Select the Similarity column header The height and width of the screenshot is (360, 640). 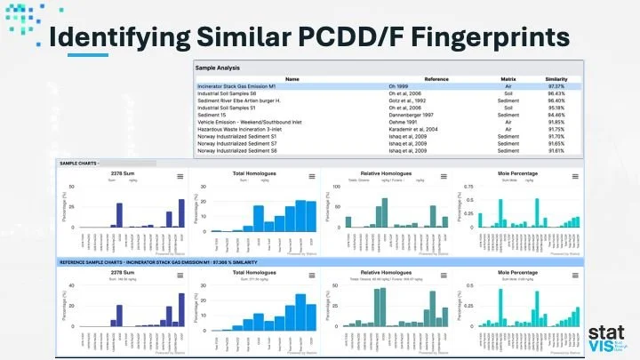pos(556,79)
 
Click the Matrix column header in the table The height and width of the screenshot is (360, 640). pos(508,79)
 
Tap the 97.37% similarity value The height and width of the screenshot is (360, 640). pos(556,87)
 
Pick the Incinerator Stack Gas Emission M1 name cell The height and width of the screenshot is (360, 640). pos(238,87)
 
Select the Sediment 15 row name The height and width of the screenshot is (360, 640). pos(212,115)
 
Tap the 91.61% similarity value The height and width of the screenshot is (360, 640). pos(556,150)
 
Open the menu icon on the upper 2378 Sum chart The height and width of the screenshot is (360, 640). pos(180,177)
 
